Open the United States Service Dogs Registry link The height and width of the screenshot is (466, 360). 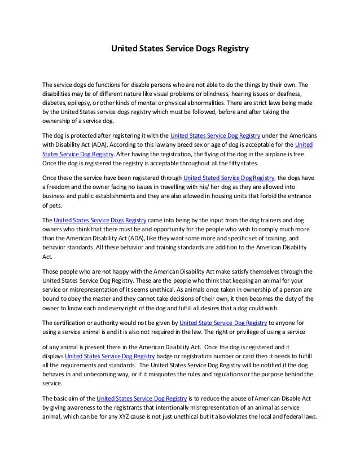click(100, 220)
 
